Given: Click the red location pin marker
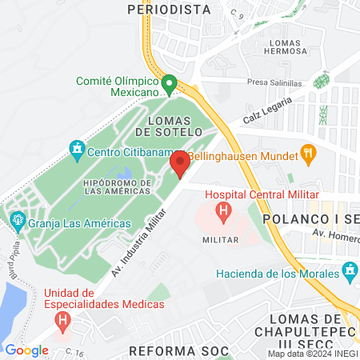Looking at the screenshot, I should pos(180,164).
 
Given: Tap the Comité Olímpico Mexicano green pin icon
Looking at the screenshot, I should pos(169,83).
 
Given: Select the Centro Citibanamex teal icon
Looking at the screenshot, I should pos(77,148).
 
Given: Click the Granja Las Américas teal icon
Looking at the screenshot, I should pos(15,218).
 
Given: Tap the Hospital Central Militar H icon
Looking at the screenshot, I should pos(224,212).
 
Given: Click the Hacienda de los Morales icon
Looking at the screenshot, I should pos(349,274).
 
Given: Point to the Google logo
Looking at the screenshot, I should pos(26,350).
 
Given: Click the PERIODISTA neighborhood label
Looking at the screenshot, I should pos(169,10).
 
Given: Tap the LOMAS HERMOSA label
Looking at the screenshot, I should pos(278,46).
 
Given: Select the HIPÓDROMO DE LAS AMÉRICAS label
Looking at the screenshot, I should pos(118,187).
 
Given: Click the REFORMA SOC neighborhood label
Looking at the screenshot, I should pos(179,350).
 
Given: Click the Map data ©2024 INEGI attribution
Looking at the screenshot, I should pos(313,354).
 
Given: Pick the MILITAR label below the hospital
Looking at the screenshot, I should pos(222,239).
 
